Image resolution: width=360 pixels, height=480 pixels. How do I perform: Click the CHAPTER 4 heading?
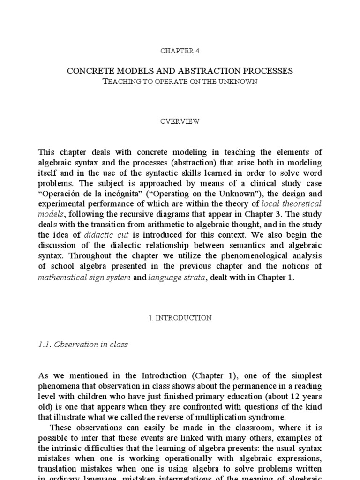[x=180, y=51]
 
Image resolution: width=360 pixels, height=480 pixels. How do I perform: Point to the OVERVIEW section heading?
[x=180, y=121]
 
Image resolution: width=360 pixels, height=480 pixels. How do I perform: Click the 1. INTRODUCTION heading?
[x=180, y=318]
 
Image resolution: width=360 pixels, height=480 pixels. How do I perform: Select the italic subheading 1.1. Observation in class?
[x=83, y=345]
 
